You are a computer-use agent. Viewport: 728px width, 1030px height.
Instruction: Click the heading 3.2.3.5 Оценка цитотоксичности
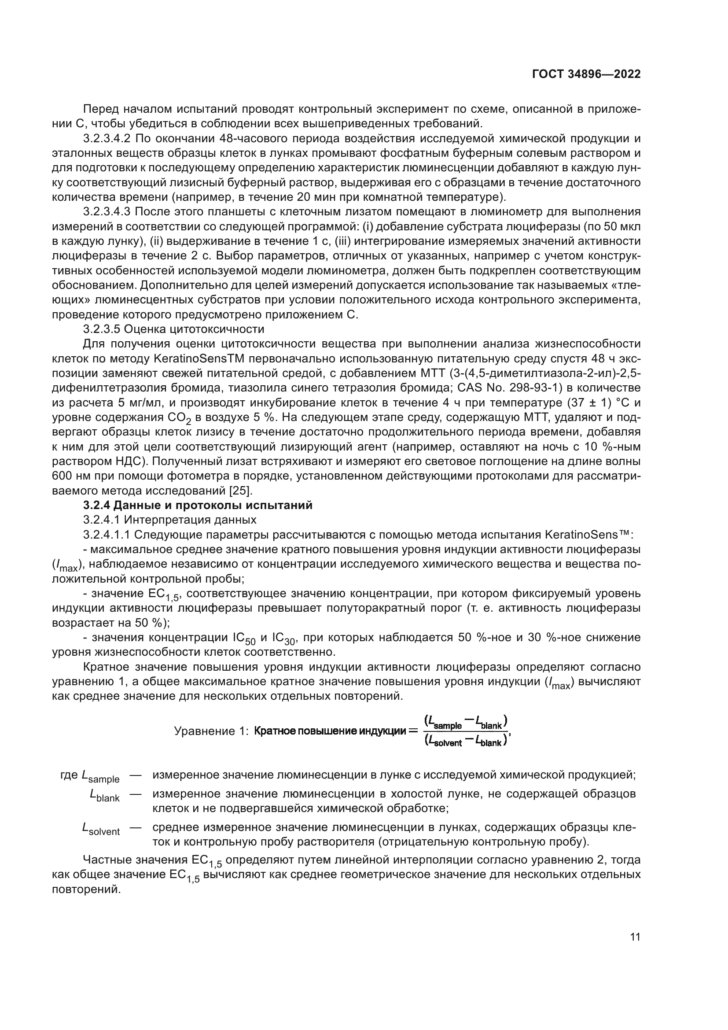173,329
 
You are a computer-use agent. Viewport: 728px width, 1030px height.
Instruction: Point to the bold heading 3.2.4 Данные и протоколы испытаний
198,505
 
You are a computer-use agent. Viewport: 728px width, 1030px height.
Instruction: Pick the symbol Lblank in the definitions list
104,795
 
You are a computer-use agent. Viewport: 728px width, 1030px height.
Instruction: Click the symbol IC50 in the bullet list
244,639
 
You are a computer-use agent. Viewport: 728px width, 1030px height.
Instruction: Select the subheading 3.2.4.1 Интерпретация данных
170,520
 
